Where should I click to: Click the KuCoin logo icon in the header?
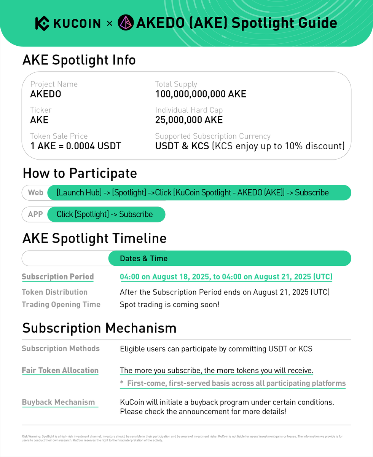[x=42, y=23]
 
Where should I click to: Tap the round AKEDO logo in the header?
[x=126, y=23]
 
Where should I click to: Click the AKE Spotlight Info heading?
[x=79, y=60]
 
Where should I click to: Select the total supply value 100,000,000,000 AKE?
[x=201, y=94]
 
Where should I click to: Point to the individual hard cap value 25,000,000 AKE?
[x=189, y=120]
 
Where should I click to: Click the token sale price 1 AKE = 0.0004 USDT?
[x=76, y=146]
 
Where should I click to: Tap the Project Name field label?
[x=54, y=84]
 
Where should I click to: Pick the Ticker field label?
[x=41, y=110]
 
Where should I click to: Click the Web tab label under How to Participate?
[x=36, y=193]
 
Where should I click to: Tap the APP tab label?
[x=35, y=214]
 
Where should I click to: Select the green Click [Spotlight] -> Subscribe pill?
[x=106, y=214]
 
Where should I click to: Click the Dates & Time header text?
[x=143, y=259]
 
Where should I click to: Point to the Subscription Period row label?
[x=57, y=277]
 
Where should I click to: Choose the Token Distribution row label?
[x=54, y=292]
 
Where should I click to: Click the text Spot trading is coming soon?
[x=170, y=305]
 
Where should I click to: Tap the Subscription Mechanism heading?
[x=99, y=328]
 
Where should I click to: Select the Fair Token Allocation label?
[x=60, y=371]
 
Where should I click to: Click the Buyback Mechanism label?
[x=58, y=402]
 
